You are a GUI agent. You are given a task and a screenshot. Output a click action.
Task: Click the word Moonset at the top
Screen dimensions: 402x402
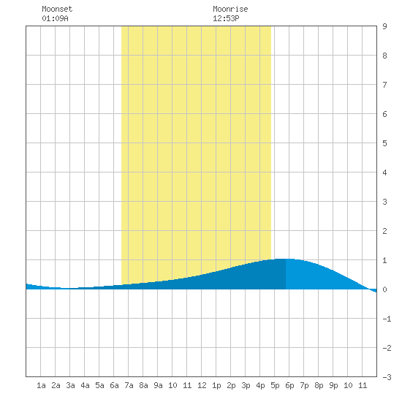pos(57,9)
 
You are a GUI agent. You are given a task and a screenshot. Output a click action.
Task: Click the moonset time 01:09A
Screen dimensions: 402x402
pos(55,18)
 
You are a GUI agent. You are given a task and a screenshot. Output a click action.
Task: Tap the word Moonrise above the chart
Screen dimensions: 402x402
pos(230,9)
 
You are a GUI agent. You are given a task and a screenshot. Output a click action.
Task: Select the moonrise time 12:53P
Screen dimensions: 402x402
pos(226,18)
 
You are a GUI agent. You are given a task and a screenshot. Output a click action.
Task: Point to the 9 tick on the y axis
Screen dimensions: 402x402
pos(384,26)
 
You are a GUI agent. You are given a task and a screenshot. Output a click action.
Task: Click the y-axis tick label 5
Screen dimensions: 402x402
pos(384,143)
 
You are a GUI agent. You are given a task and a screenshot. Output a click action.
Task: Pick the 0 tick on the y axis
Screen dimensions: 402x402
pos(384,289)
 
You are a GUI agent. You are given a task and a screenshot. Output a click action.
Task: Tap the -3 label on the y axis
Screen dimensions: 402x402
pos(387,377)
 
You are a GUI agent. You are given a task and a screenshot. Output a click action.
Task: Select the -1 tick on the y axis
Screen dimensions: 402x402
pos(387,319)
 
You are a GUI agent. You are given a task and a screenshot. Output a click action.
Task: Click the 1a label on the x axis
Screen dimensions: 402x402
pos(41,385)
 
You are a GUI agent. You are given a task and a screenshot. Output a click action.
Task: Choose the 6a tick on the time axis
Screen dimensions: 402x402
pos(114,385)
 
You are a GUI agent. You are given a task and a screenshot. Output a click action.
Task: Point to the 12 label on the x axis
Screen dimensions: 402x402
pos(202,385)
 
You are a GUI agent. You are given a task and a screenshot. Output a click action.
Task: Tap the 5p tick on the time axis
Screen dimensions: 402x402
pos(275,385)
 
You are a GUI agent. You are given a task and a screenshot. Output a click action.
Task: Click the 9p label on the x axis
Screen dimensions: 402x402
pos(333,385)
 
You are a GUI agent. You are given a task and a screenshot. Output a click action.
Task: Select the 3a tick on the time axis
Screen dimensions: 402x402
pos(70,385)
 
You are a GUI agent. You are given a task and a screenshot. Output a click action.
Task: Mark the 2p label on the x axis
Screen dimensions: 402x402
pos(231,385)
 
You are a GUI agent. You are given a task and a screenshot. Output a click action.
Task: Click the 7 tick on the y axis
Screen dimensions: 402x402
pos(384,85)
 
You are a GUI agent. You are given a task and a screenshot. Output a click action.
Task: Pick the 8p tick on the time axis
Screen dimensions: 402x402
pos(319,385)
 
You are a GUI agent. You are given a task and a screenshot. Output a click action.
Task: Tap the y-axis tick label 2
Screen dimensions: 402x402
pos(384,231)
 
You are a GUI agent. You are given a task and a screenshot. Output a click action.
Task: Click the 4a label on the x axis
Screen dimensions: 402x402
pos(85,385)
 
